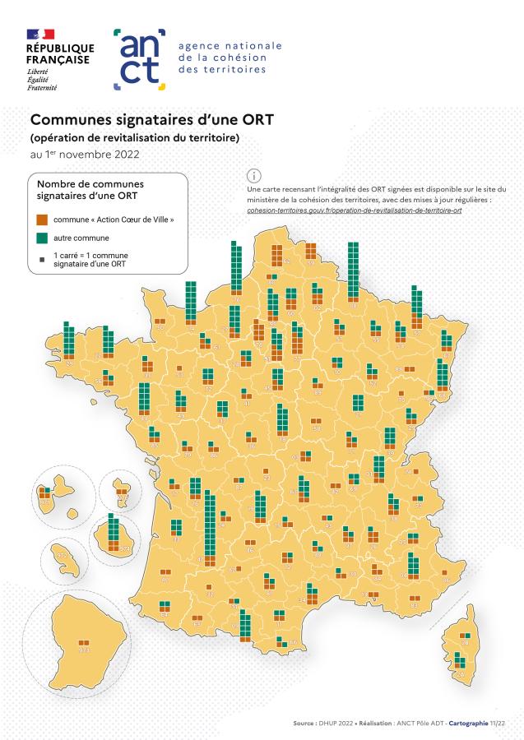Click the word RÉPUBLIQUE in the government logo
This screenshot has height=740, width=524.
(60, 48)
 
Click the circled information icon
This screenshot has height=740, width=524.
(254, 175)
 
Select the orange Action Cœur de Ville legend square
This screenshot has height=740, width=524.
(41, 220)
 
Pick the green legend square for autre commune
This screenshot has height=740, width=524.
(41, 238)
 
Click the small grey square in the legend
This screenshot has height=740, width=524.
(41, 259)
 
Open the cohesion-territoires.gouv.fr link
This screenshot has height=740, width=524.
(354, 210)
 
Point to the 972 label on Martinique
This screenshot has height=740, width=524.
(62, 556)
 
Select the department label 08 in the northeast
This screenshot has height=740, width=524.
(354, 305)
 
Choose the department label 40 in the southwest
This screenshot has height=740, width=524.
(165, 580)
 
